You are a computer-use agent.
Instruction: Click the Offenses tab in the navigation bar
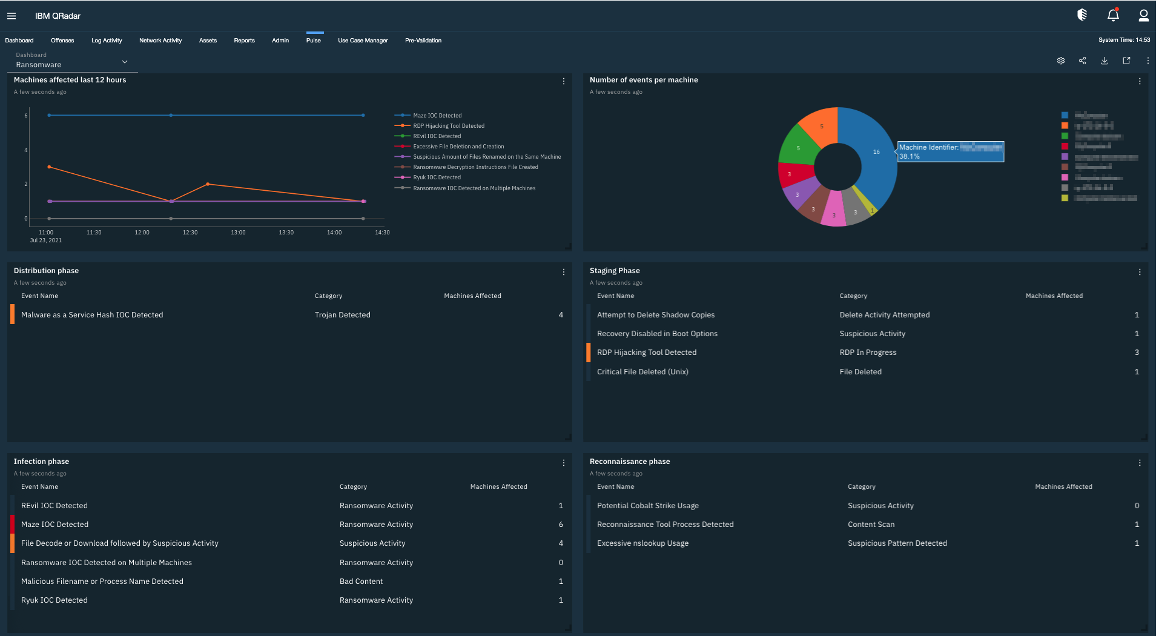tap(62, 41)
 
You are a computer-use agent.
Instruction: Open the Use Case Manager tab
tap(363, 41)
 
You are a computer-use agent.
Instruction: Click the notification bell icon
tap(1113, 15)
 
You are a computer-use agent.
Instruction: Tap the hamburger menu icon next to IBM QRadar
tap(12, 16)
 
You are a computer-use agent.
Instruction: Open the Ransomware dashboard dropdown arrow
tap(125, 62)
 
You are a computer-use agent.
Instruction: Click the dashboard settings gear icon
tap(1061, 61)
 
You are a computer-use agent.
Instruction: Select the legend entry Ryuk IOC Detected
tap(437, 177)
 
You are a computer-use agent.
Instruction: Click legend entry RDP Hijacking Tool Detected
tap(448, 126)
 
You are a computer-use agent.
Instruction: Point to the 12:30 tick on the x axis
tap(190, 233)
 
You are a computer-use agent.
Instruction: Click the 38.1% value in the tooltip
tap(910, 156)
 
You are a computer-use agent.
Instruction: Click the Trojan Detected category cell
tap(343, 315)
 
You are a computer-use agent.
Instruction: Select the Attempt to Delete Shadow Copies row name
tap(656, 315)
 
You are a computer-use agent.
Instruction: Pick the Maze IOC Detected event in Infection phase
tap(54, 525)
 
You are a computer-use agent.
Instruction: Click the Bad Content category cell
tap(362, 581)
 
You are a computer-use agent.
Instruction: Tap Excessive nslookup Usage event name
tap(642, 543)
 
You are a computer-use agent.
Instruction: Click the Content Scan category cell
tap(871, 525)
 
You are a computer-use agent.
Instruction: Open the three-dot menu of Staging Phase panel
tap(1140, 272)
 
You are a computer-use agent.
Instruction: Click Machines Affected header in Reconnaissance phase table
tap(1063, 487)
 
